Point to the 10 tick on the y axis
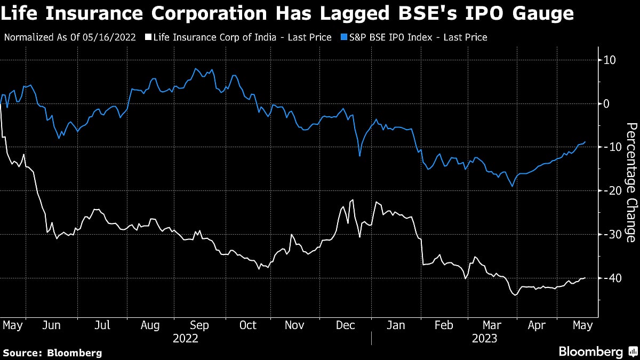tap(610, 60)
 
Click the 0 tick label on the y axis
tap(606, 103)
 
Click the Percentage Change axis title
tap(631, 182)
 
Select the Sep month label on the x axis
tap(199, 325)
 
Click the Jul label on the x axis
tap(102, 325)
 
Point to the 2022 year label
tap(185, 339)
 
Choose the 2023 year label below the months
tap(484, 339)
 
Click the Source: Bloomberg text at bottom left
tap(52, 353)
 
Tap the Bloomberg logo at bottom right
tap(597, 351)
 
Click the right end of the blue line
tap(586, 142)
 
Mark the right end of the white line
tap(586, 277)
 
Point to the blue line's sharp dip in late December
tap(359, 156)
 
